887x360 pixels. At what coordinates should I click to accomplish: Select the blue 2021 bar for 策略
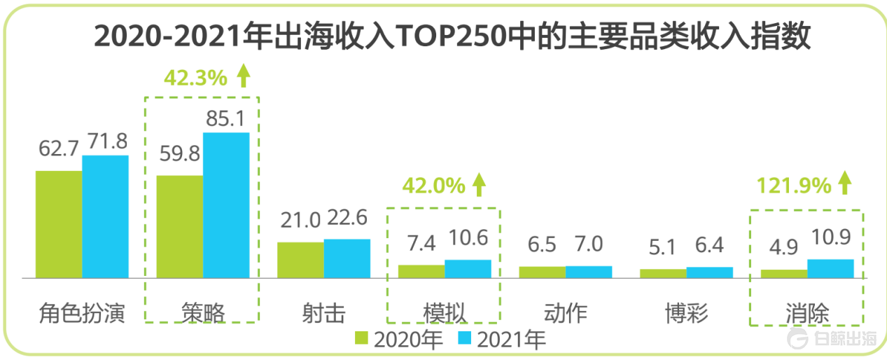[226, 205]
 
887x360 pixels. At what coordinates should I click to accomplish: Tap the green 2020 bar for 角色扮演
[59, 224]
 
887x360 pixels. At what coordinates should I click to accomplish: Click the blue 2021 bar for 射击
[347, 258]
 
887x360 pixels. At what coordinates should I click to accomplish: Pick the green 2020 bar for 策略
[180, 226]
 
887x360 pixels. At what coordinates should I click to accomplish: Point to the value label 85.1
[226, 119]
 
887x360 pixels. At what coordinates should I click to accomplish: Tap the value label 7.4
[421, 244]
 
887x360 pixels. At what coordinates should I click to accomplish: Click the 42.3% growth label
[195, 78]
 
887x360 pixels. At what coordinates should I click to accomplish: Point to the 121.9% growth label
[793, 186]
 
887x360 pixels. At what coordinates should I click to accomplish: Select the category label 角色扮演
[82, 313]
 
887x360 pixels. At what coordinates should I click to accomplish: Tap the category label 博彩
[686, 313]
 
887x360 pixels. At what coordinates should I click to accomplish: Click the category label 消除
[807, 313]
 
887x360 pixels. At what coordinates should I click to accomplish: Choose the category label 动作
[565, 313]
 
